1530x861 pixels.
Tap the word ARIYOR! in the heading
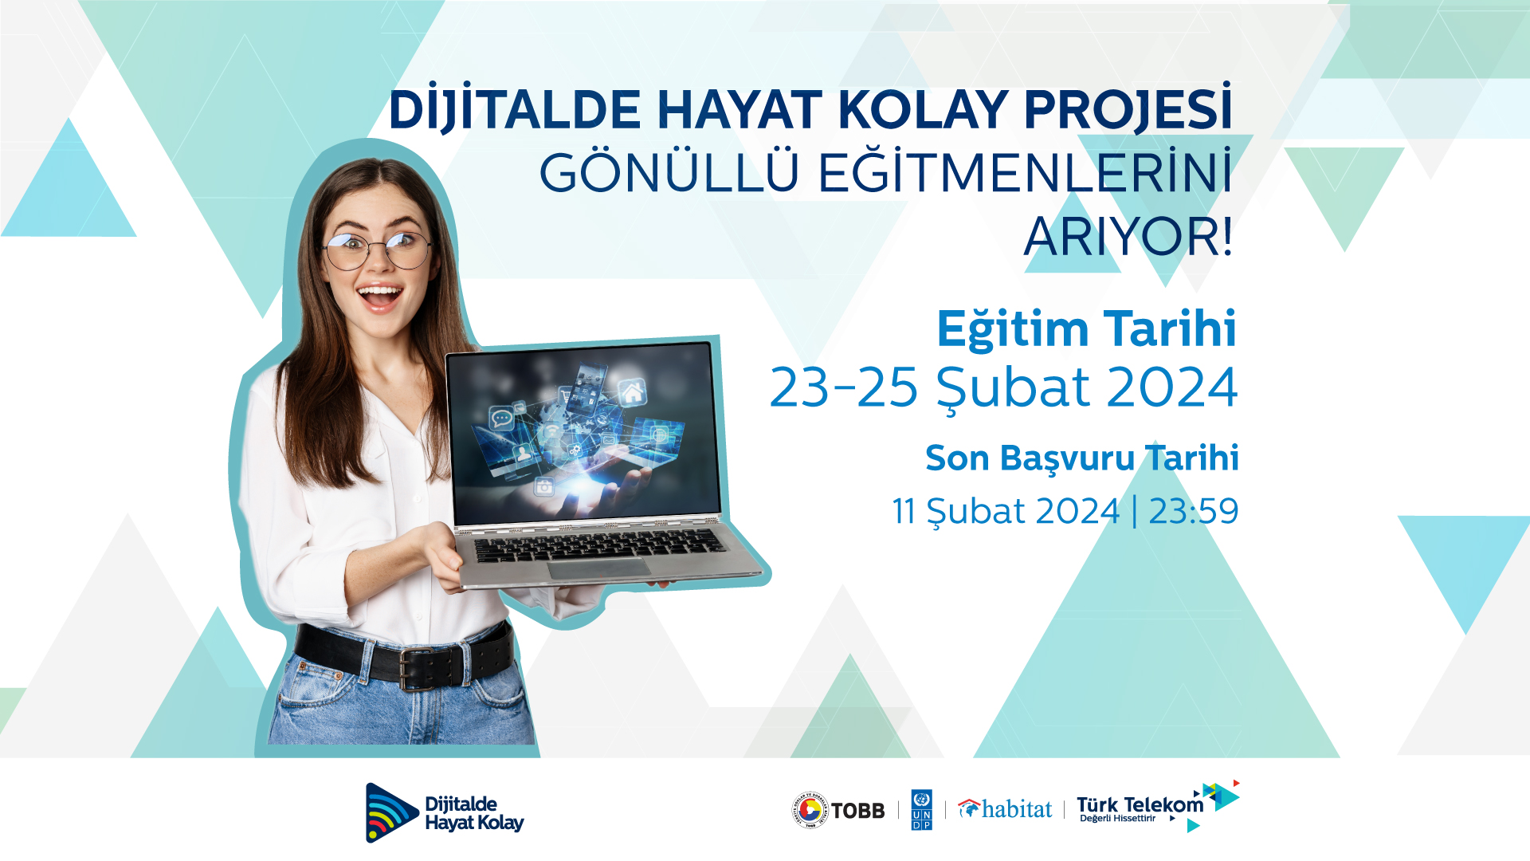click(1128, 237)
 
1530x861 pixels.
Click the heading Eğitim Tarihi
click(1086, 328)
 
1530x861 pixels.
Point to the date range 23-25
click(844, 387)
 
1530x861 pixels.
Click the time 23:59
click(1194, 511)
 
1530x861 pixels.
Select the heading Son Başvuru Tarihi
click(1082, 458)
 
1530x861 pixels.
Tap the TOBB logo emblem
click(810, 810)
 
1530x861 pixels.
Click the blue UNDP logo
click(921, 810)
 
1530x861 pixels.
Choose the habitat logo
click(1005, 809)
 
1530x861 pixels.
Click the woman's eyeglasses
click(377, 250)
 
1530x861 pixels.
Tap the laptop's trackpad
click(599, 568)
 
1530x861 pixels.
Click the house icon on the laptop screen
click(633, 391)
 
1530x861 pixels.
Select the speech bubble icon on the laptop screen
click(501, 417)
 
